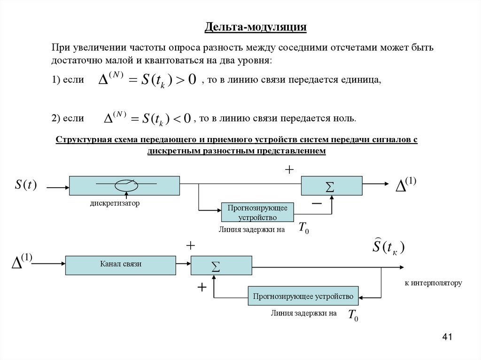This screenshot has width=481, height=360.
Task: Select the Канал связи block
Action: point(121,265)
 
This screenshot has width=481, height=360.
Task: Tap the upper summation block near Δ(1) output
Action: point(331,186)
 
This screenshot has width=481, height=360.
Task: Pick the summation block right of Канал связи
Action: point(221,265)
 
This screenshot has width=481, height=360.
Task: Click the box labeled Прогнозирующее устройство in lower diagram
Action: point(303,296)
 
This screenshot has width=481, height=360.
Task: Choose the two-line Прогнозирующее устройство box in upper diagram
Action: point(257,213)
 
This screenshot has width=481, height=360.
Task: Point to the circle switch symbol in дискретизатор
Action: point(126,185)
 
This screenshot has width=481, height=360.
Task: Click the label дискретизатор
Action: point(115,204)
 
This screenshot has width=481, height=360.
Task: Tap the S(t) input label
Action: point(26,185)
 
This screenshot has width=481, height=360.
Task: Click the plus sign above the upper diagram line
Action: point(289,169)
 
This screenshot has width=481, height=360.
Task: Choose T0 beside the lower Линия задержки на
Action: point(353,315)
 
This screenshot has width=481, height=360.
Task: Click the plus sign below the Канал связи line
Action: point(202,287)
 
